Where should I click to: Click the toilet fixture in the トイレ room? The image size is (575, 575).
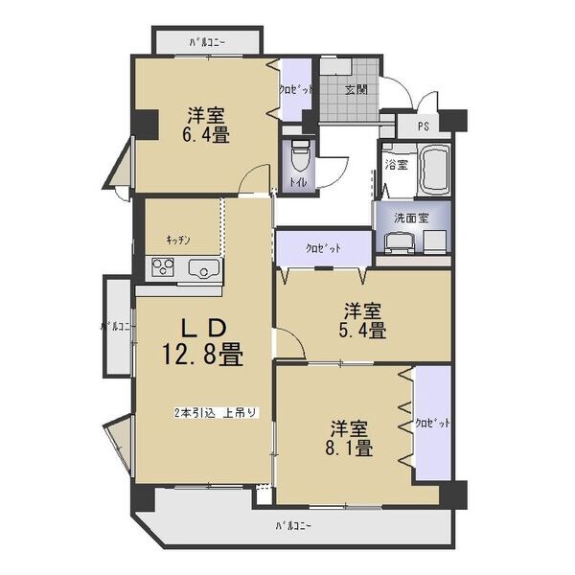pos(300,156)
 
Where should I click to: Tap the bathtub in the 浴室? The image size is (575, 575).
pos(435,171)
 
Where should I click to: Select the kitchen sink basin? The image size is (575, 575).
pos(204,268)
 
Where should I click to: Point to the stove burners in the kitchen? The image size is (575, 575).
pos(163,267)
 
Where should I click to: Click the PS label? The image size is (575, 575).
pos(424,126)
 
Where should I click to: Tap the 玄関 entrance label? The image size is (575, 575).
pos(356,90)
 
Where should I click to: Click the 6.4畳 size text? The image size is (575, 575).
pos(206,136)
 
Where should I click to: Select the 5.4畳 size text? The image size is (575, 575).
pos(361,332)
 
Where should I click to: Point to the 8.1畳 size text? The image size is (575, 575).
pos(349,448)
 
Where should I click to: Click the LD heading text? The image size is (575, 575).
pos(203,328)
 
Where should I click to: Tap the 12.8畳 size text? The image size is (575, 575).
pos(203,355)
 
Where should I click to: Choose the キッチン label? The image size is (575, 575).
pos(178,241)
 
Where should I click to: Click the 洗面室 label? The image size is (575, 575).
pos(411,218)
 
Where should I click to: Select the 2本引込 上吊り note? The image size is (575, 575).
pos(217,412)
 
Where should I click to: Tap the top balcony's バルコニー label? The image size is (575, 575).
pos(207,43)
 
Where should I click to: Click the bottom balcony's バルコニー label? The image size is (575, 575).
pos(294,526)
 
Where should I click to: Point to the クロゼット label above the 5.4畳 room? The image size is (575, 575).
pos(324,248)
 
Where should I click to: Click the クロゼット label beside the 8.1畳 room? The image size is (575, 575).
pos(433,424)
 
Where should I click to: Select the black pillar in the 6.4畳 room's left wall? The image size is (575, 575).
pos(146,125)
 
